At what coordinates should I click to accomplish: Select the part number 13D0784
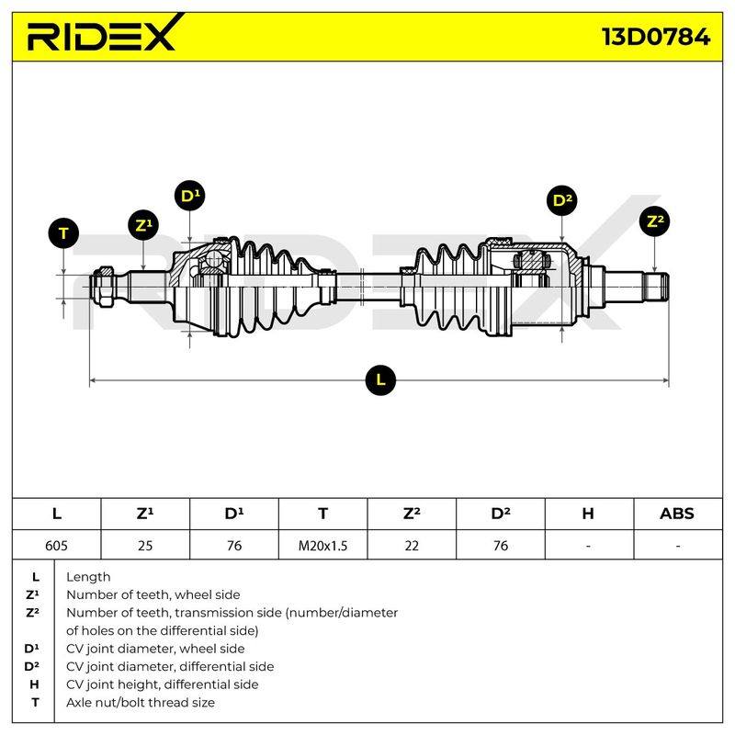pyautogui.click(x=656, y=37)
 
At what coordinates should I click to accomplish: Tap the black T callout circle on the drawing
pyautogui.click(x=63, y=233)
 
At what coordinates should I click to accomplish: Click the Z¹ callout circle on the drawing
pyautogui.click(x=143, y=225)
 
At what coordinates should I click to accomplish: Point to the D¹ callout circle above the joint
pyautogui.click(x=189, y=196)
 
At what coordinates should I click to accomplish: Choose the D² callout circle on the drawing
pyautogui.click(x=562, y=200)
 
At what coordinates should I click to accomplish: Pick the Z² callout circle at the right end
pyautogui.click(x=654, y=221)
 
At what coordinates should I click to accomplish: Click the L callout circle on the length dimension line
pyautogui.click(x=380, y=379)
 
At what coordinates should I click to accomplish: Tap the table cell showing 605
pyautogui.click(x=56, y=546)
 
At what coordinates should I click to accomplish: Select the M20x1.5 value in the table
pyautogui.click(x=323, y=546)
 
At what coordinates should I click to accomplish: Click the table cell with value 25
pyautogui.click(x=145, y=546)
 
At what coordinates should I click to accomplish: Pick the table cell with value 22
pyautogui.click(x=412, y=546)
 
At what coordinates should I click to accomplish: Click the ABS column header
pyautogui.click(x=677, y=514)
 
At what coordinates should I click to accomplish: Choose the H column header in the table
pyautogui.click(x=588, y=514)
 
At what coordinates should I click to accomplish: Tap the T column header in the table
pyautogui.click(x=323, y=514)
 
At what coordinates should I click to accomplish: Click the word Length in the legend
pyautogui.click(x=88, y=577)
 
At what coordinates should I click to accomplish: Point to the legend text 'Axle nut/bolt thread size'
pyautogui.click(x=141, y=702)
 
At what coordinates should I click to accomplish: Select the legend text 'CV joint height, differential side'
pyautogui.click(x=163, y=684)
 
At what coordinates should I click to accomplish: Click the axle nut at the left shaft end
pyautogui.click(x=105, y=287)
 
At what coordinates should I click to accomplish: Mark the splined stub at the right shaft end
pyautogui.click(x=656, y=287)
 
